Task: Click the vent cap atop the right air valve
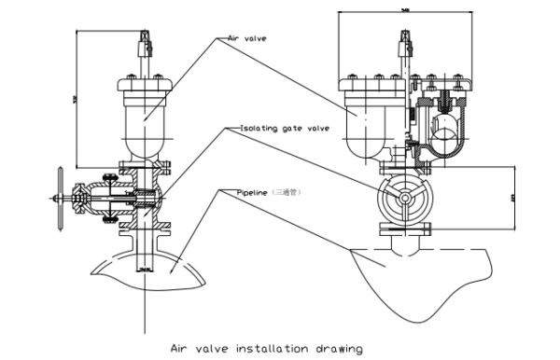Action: click(x=403, y=43)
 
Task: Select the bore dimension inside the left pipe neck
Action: click(x=143, y=268)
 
